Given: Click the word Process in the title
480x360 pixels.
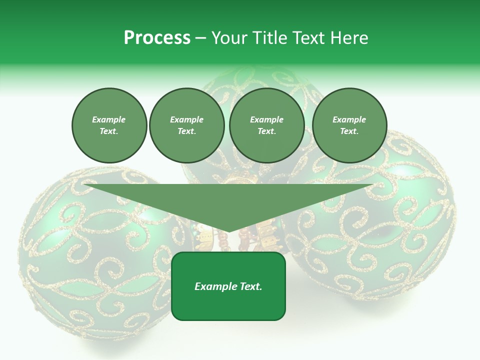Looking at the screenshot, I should point(157,38).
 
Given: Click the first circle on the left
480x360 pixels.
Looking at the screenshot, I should point(109,125).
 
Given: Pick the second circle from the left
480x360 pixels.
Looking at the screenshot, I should point(186,125).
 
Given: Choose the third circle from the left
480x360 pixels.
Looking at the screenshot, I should point(266,125).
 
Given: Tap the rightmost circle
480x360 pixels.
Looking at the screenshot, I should point(349,125).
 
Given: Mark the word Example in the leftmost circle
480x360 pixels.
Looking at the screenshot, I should point(109,119).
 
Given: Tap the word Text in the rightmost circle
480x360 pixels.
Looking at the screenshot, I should point(349,131).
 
